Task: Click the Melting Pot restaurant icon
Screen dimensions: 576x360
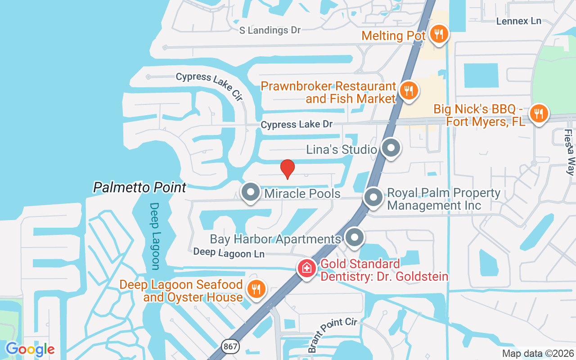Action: coord(437,34)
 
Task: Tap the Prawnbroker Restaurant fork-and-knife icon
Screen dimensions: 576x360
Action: coord(408,90)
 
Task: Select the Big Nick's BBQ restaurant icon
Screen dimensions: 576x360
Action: coord(538,112)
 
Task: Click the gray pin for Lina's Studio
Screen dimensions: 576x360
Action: coord(391,148)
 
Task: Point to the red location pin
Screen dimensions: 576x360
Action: coord(287,169)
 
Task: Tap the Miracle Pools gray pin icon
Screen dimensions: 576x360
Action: coord(251,192)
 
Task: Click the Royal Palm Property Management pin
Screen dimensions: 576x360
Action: coord(373,197)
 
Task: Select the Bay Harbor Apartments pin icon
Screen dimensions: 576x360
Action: coord(355,237)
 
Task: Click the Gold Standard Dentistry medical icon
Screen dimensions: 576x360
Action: coord(307,269)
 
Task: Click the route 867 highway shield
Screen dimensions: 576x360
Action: coord(230,346)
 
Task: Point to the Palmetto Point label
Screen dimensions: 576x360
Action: coord(139,187)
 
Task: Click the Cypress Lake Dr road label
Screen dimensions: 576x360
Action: coord(297,124)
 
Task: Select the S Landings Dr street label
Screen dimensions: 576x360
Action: coord(270,30)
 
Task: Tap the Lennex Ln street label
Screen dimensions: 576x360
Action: coord(518,21)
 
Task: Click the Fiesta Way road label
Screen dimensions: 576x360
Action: coord(570,152)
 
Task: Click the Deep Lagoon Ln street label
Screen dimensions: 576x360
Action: coord(229,253)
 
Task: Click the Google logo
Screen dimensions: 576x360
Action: coord(30,349)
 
